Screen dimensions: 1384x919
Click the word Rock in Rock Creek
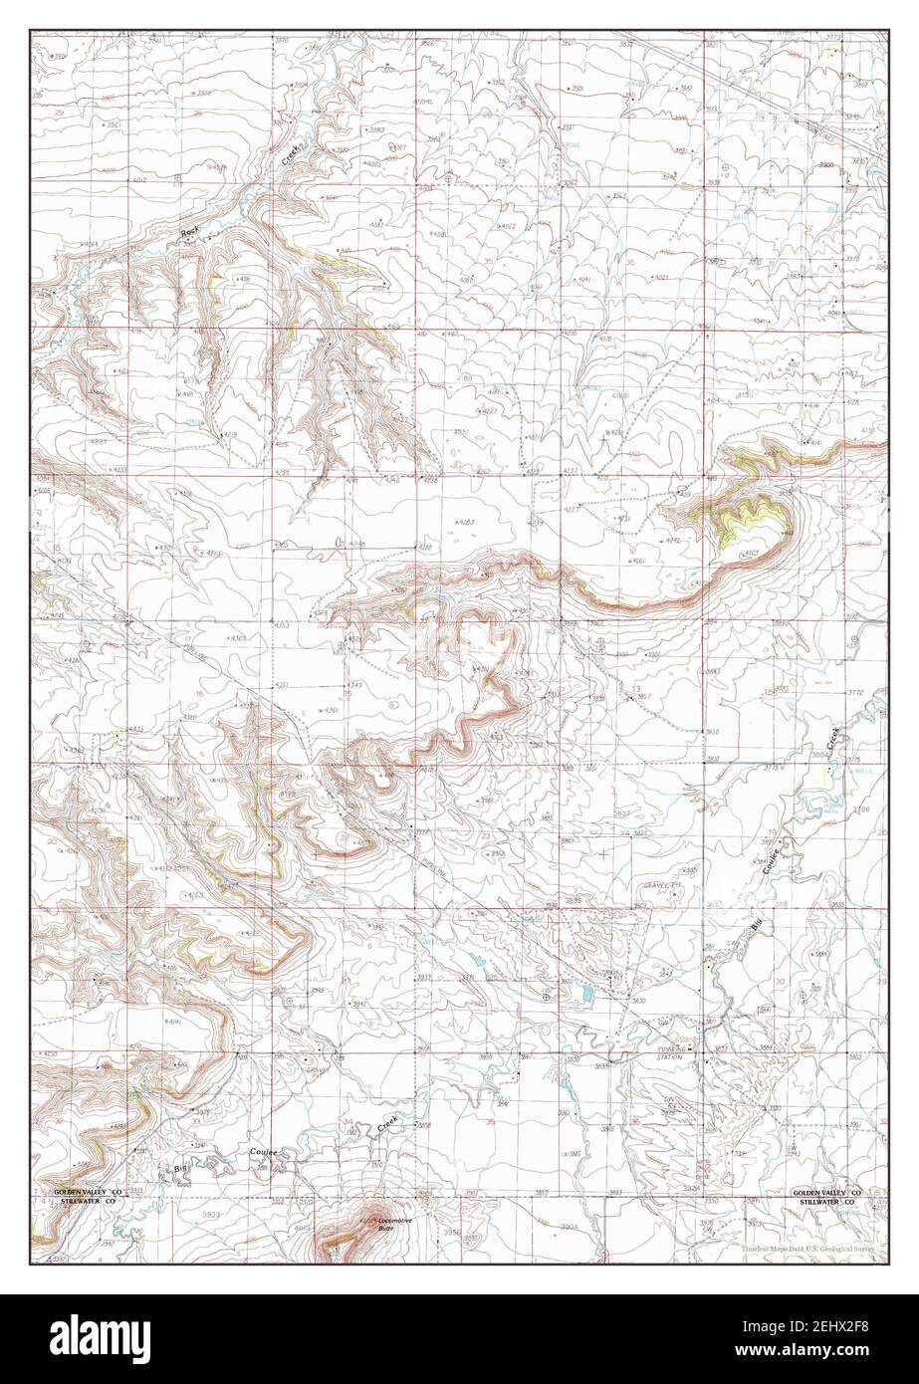click(190, 233)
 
